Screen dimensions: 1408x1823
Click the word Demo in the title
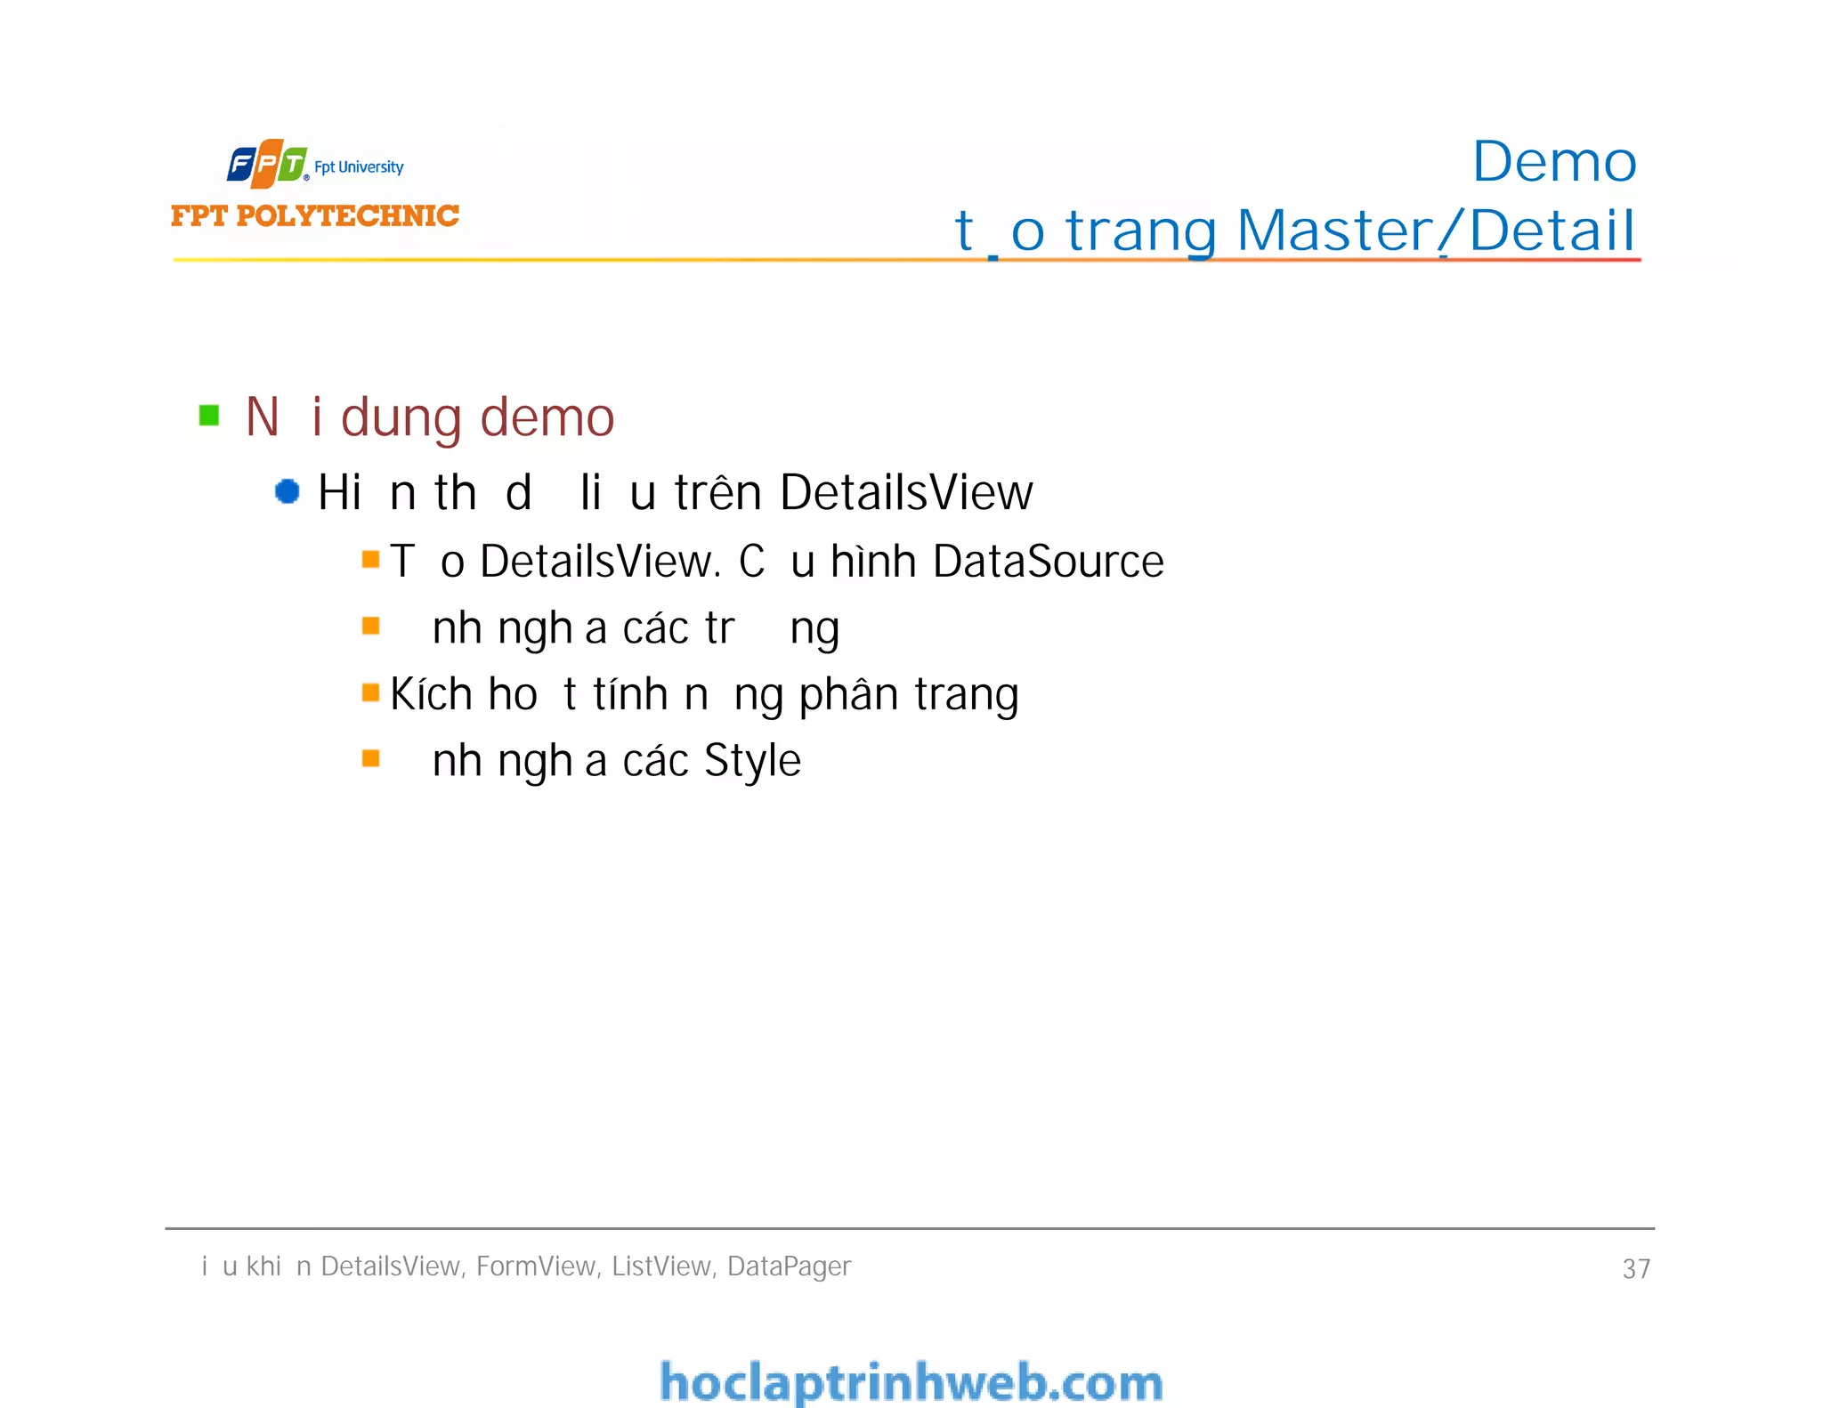[1553, 162]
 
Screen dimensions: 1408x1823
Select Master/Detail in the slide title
[1435, 231]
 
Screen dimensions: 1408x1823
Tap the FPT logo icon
[267, 164]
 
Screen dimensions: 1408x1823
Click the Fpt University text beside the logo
[359, 167]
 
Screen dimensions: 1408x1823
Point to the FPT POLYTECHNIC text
[315, 215]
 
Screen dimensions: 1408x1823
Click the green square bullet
[209, 416]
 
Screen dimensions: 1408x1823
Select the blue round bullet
[287, 491]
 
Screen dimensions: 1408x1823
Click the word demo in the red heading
[547, 417]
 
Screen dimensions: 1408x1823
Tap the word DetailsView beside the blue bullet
[906, 492]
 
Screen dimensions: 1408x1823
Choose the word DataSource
[1048, 562]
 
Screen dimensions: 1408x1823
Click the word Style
[752, 761]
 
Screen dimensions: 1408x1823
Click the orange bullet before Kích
[371, 692]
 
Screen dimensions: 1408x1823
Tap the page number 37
[1636, 1268]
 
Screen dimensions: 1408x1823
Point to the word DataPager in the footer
[789, 1266]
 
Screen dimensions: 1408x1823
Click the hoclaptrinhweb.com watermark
[911, 1382]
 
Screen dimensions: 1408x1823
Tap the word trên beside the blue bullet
[718, 492]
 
